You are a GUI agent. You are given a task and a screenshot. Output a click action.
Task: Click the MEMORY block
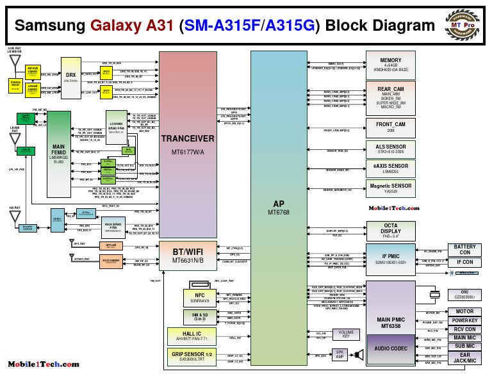[390, 64]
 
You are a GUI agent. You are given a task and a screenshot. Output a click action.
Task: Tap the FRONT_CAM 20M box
[390, 127]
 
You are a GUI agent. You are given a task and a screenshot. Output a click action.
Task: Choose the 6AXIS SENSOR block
[390, 168]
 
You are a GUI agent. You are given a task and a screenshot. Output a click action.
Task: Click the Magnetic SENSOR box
[390, 188]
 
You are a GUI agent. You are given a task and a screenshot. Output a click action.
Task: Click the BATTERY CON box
[464, 249]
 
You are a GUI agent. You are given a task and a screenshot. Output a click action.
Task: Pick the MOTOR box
[464, 311]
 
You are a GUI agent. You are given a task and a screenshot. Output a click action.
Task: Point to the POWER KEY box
[464, 320]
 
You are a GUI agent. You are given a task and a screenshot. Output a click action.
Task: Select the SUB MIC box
[464, 346]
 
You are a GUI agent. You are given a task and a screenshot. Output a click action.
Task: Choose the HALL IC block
[195, 336]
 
